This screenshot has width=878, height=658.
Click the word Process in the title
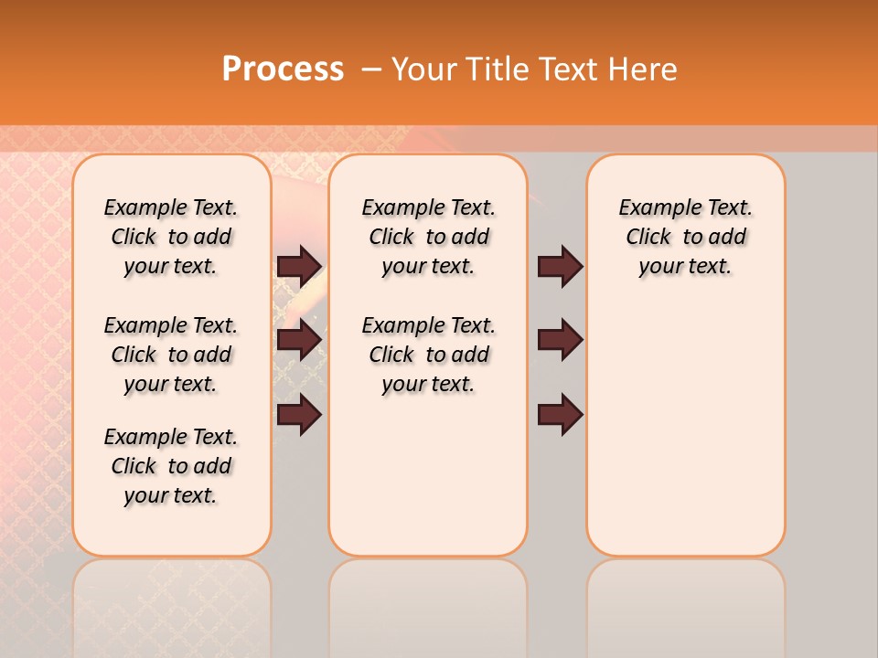[x=283, y=69]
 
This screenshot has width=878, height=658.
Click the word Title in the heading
[x=498, y=69]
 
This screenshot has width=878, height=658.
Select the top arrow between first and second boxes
[x=300, y=266]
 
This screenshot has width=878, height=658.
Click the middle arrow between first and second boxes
[x=300, y=340]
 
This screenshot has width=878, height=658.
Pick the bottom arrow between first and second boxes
[x=300, y=415]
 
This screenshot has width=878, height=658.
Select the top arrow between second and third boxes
[x=560, y=266]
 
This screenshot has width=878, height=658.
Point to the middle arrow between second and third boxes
[x=560, y=340]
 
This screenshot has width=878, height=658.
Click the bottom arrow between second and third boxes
[x=560, y=415]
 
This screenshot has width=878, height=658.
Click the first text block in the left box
[x=171, y=237]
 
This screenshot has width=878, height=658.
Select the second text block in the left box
[x=171, y=355]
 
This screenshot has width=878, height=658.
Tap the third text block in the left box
[x=171, y=466]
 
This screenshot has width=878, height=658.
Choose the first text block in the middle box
[x=429, y=237]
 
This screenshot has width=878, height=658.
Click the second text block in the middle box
[x=429, y=355]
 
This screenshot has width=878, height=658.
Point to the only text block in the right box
[x=686, y=237]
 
